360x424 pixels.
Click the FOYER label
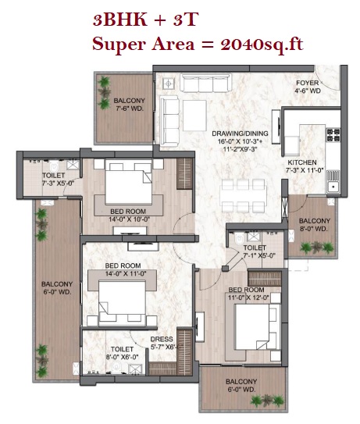pos(307,83)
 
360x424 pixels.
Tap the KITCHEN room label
pos(302,162)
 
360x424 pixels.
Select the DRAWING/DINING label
pos(240,134)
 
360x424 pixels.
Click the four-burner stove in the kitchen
pos(333,135)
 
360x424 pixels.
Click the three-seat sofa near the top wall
pos(206,83)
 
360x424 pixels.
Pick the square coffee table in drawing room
pos(194,116)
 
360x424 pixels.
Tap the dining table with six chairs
pos(243,196)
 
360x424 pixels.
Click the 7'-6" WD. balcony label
pos(130,109)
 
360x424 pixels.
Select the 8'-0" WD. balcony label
pos(314,229)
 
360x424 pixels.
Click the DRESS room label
pos(162,339)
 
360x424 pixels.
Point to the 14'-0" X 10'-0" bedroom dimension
pos(130,219)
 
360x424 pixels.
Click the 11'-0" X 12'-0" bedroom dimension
pos(249,298)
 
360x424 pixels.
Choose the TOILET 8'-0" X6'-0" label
pos(123,353)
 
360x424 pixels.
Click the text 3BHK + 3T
pos(145,20)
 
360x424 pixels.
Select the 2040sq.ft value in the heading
pos(262,45)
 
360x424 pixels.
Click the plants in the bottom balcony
pos(267,401)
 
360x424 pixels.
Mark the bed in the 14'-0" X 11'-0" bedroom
pos(123,303)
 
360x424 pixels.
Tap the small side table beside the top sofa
pos(168,84)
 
